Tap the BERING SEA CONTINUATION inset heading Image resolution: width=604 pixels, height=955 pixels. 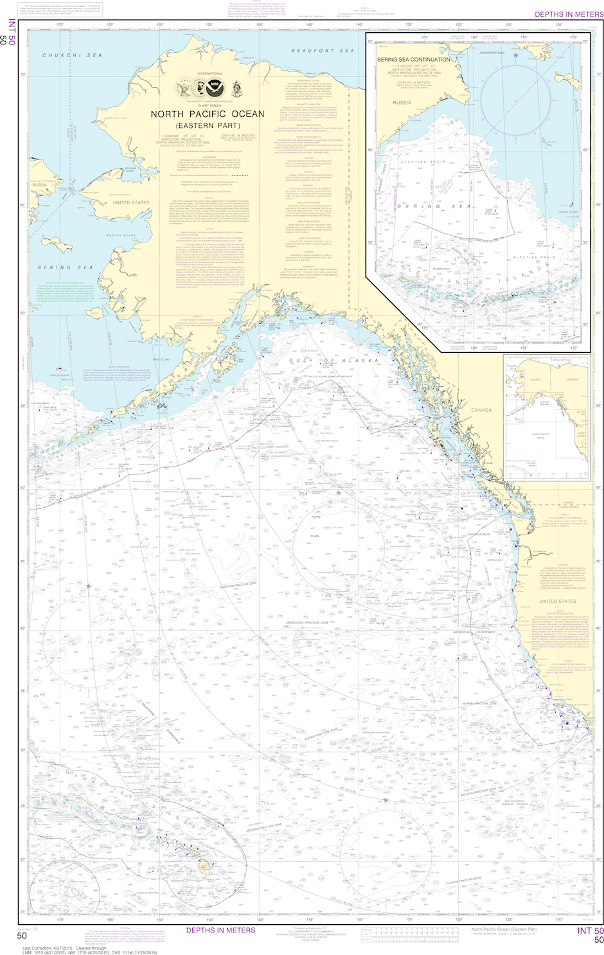413,59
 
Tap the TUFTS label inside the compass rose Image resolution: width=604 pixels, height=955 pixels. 315,517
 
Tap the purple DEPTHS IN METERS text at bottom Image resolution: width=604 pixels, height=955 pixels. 220,930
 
